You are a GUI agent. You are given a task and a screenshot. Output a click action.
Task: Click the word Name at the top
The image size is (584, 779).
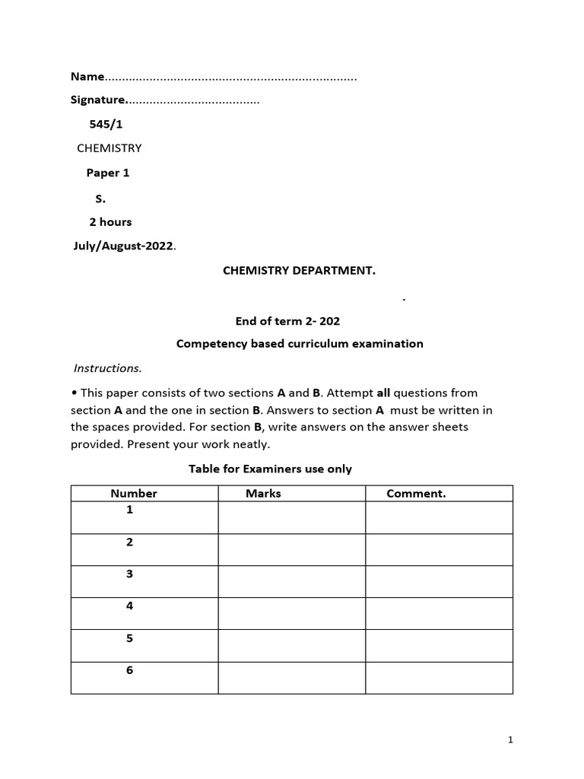tap(87, 76)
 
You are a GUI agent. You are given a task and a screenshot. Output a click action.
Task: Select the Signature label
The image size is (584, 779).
tap(97, 100)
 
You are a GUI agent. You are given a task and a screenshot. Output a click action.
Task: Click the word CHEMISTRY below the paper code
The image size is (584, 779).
tap(109, 148)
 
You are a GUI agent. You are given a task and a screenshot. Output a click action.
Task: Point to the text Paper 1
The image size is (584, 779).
tap(108, 173)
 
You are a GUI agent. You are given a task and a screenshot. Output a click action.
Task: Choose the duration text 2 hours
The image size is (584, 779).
tap(110, 222)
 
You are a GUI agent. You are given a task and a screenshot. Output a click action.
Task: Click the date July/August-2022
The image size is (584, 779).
tap(122, 246)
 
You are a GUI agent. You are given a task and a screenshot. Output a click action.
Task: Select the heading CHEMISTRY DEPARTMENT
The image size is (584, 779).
tap(299, 271)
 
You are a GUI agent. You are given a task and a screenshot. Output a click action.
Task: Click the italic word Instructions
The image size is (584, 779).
tap(107, 368)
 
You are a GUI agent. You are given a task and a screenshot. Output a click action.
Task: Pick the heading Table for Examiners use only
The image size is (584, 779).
tap(270, 469)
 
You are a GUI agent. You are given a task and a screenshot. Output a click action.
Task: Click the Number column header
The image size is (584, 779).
tap(134, 494)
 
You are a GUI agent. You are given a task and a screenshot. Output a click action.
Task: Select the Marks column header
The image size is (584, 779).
tap(263, 494)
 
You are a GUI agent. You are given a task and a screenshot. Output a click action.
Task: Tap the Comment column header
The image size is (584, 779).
tap(416, 494)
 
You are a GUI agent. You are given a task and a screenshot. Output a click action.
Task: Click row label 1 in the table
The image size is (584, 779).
tap(130, 510)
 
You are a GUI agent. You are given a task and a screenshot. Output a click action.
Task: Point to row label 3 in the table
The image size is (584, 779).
tap(130, 574)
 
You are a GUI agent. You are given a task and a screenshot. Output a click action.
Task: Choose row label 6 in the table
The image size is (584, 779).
tap(130, 670)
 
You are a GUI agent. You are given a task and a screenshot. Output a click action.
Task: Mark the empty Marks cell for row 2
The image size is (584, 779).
tap(291, 549)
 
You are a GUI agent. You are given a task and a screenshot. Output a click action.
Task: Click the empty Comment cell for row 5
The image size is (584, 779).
tap(439, 645)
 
